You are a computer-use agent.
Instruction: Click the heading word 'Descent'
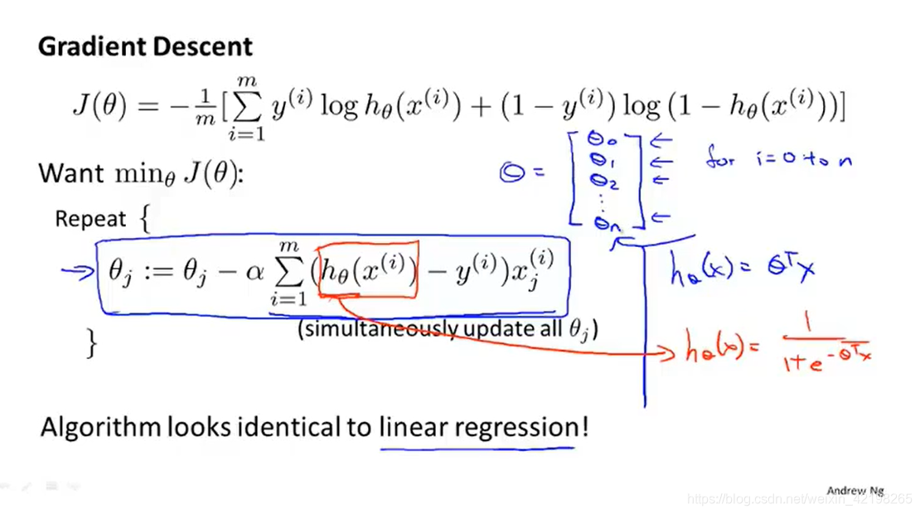point(206,46)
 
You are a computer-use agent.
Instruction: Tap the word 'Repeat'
point(90,220)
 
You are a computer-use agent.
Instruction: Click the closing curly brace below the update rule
point(92,342)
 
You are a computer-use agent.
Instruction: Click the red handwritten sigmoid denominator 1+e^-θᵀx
point(824,362)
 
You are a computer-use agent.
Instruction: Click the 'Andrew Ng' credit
point(855,491)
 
